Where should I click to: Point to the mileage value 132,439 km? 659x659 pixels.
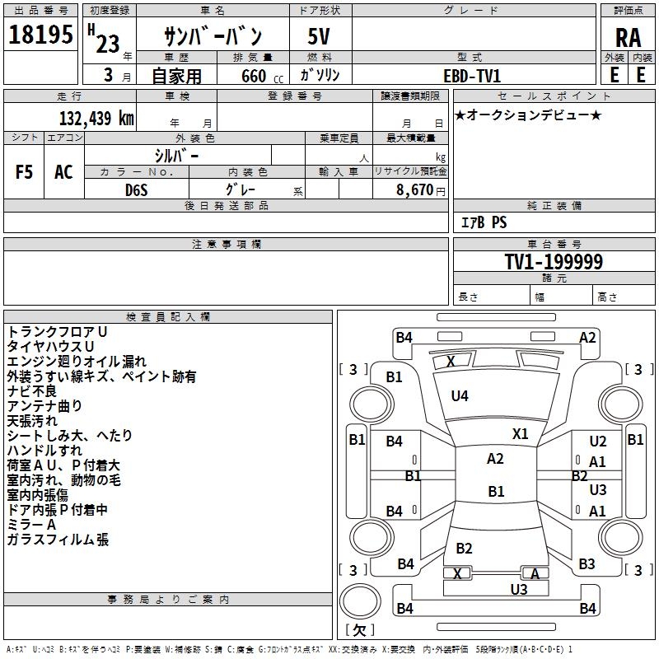pyautogui.click(x=96, y=118)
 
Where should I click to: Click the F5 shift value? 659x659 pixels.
pyautogui.click(x=24, y=172)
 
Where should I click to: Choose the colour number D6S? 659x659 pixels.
pyautogui.click(x=136, y=189)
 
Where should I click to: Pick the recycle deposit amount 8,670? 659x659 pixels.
pyautogui.click(x=415, y=189)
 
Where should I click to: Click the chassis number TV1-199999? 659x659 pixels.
pyautogui.click(x=554, y=262)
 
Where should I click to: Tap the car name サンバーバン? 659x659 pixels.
pyautogui.click(x=213, y=37)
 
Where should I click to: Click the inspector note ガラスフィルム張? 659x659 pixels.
pyautogui.click(x=58, y=540)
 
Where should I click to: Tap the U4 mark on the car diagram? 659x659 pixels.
pyautogui.click(x=459, y=396)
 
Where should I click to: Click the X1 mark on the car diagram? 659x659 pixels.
pyautogui.click(x=520, y=434)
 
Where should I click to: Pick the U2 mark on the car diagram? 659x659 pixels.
pyautogui.click(x=598, y=442)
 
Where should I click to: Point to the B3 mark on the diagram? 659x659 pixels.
pyautogui.click(x=587, y=564)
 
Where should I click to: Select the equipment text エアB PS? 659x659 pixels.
pyautogui.click(x=483, y=222)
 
